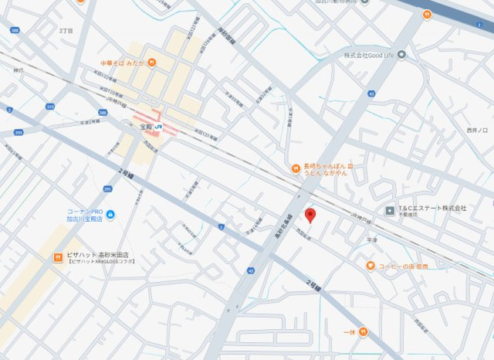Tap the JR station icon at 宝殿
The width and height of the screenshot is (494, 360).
click(158, 126)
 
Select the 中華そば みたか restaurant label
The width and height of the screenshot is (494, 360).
click(123, 62)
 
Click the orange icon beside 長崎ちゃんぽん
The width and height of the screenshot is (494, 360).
click(295, 168)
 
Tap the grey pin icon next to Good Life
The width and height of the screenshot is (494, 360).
click(401, 55)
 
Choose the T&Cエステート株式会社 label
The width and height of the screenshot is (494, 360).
click(432, 209)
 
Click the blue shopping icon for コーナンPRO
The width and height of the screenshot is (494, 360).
click(110, 214)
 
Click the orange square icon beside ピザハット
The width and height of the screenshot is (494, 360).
click(57, 256)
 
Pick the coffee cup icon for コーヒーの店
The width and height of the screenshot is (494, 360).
click(370, 266)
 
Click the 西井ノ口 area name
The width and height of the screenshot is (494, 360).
click(479, 130)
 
